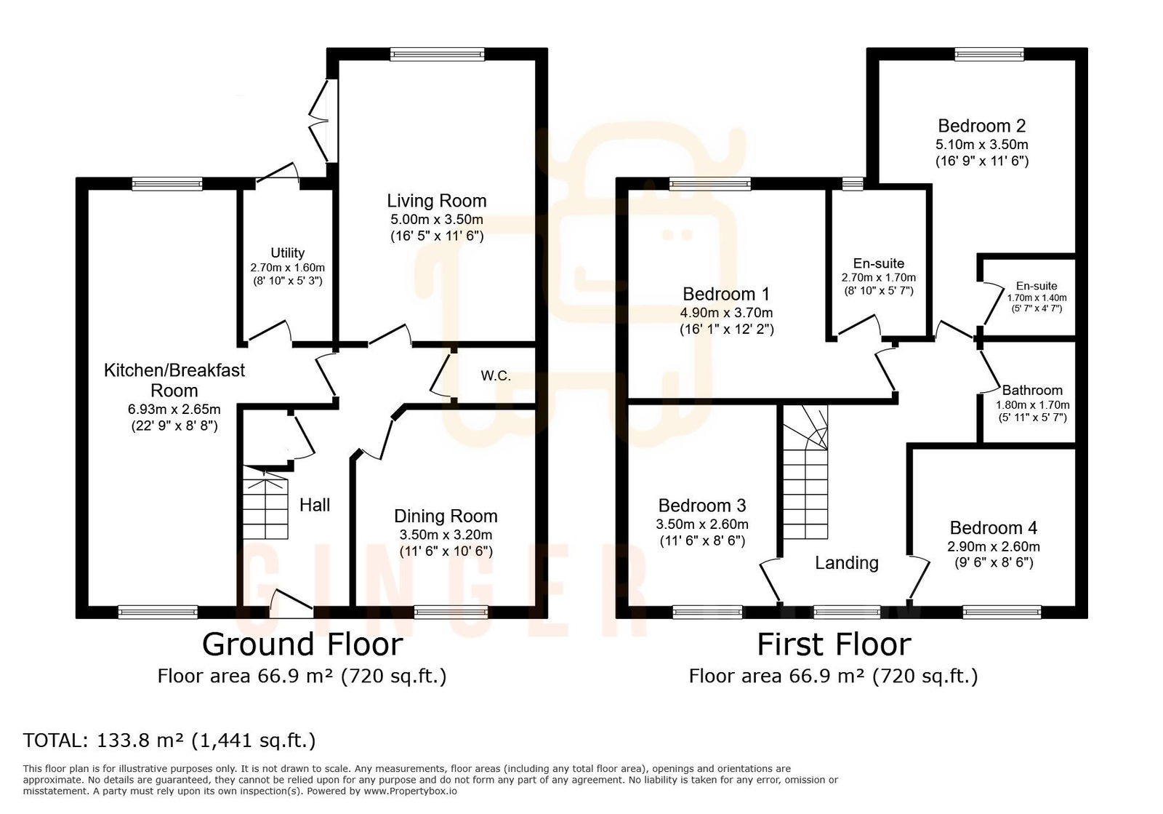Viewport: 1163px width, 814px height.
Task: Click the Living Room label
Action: (x=436, y=201)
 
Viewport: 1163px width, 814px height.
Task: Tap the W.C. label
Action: (x=496, y=376)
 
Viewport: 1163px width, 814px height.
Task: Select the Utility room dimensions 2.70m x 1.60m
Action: (x=287, y=268)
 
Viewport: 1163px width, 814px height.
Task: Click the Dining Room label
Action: (x=446, y=516)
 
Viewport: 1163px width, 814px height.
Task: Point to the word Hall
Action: (x=315, y=505)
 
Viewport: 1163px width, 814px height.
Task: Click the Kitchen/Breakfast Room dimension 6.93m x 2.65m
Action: (x=174, y=410)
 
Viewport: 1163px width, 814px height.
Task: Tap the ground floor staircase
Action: (x=265, y=504)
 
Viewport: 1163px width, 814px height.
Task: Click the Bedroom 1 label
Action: (x=725, y=294)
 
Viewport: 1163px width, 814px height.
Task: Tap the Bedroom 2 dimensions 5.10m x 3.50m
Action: (x=981, y=145)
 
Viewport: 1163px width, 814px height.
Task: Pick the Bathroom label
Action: (x=1031, y=390)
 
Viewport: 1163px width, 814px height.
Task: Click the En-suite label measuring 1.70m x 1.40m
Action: (x=1037, y=286)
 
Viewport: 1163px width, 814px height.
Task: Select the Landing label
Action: (x=846, y=562)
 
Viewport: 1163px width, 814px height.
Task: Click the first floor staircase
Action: (x=805, y=480)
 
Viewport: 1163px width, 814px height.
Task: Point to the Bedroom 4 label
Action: (x=993, y=527)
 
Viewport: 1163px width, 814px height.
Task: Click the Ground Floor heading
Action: (x=302, y=645)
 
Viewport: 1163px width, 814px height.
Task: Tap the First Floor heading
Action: (x=834, y=645)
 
